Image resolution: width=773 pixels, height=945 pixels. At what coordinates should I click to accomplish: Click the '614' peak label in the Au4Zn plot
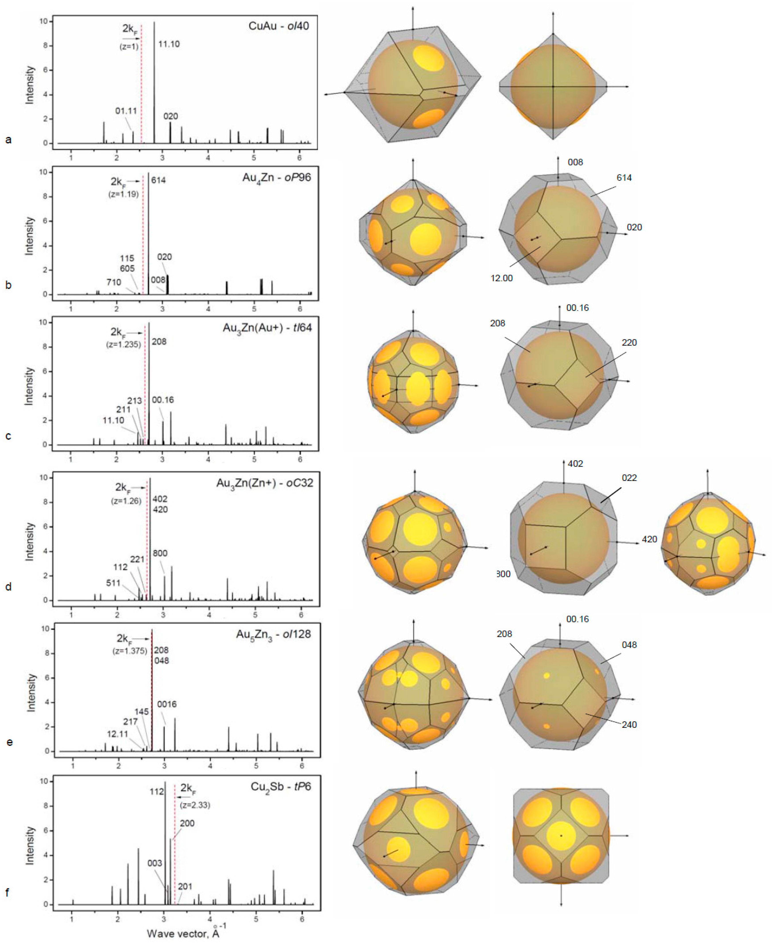(x=159, y=180)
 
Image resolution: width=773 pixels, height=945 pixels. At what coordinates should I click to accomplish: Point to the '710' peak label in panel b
(x=114, y=282)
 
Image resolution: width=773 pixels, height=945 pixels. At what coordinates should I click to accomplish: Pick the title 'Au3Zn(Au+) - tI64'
(x=267, y=328)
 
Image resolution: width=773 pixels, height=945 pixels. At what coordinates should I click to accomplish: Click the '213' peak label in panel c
(x=134, y=401)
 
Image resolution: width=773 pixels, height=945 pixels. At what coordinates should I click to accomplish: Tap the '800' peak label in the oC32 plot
(x=160, y=553)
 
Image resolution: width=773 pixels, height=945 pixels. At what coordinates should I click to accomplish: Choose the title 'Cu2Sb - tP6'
(x=281, y=787)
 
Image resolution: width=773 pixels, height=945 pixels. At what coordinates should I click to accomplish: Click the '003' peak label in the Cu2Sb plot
(x=155, y=863)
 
